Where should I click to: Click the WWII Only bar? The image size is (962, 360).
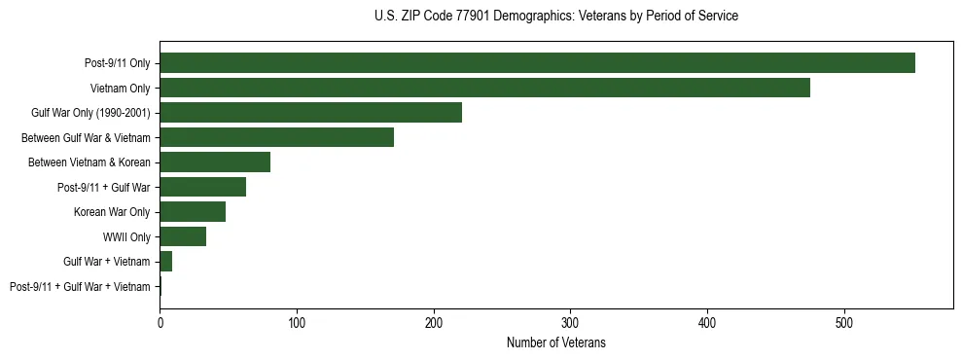183,236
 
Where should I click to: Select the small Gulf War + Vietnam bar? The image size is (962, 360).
166,261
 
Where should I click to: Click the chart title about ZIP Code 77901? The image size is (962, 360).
556,17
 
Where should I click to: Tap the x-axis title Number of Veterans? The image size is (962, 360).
556,342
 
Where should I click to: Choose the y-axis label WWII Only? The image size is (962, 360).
126,236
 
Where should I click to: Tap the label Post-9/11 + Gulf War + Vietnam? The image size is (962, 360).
80,286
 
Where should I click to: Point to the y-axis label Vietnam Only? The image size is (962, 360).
120,88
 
